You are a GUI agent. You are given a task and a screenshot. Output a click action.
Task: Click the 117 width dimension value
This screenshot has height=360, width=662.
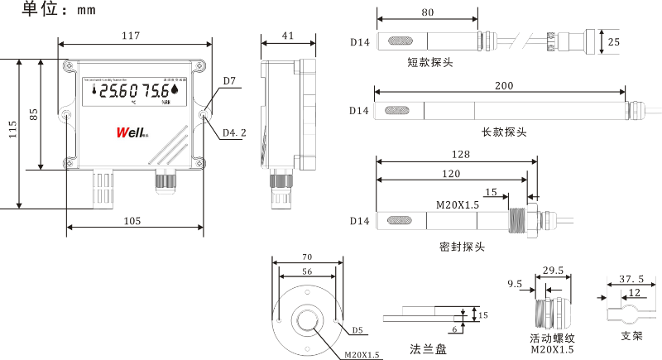[x=130, y=36]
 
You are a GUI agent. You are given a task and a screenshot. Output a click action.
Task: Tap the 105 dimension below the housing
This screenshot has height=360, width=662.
[x=132, y=220]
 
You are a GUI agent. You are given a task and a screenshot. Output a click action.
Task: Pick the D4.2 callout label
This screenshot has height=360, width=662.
[x=233, y=132]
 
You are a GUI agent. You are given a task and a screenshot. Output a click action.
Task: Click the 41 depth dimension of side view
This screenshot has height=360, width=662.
[x=288, y=36]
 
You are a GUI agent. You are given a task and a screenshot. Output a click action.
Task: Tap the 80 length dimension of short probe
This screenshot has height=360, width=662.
[x=427, y=13]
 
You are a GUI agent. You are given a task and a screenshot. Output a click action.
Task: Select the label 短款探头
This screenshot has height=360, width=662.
[x=429, y=63]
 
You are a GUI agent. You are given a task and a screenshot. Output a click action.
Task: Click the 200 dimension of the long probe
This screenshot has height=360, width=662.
[x=503, y=86]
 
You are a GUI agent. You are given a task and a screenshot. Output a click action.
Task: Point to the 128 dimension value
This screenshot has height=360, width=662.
[x=461, y=155]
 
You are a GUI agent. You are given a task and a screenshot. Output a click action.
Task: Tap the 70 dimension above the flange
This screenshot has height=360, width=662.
[x=306, y=258]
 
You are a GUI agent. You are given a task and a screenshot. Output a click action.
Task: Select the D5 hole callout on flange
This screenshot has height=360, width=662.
[x=357, y=330]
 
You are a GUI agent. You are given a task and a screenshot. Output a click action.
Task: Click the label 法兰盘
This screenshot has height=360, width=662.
[x=429, y=347]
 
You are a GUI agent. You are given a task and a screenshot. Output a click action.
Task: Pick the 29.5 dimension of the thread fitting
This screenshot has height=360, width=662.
[x=553, y=271]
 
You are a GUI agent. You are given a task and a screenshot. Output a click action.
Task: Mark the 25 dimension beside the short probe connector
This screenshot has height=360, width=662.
[x=612, y=41]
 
